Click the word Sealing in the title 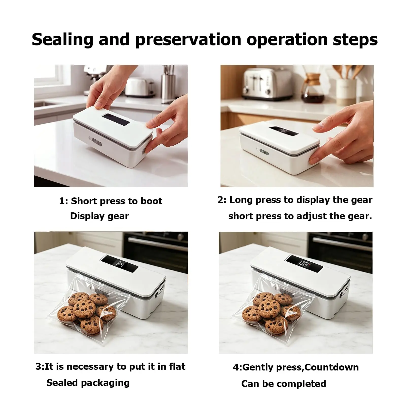tap(62, 40)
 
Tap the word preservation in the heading tap(188, 40)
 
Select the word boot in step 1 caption tap(151, 201)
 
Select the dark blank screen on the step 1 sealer tap(116, 120)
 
